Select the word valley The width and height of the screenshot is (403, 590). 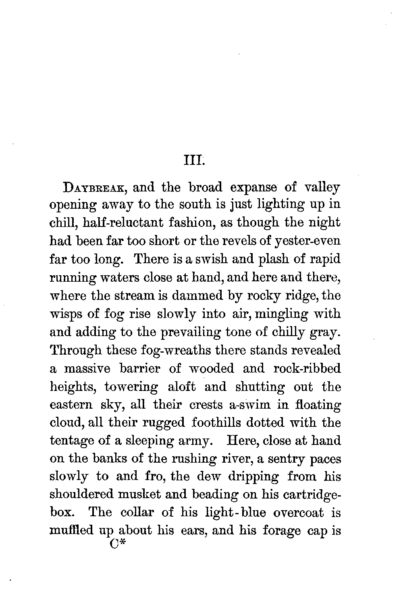coord(322,188)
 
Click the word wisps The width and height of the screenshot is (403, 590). coord(64,314)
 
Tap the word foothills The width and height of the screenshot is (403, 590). coord(221,423)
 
